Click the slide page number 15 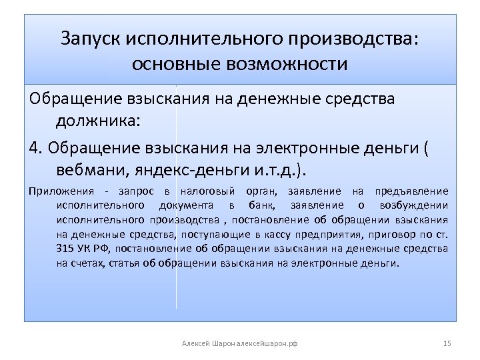point(447,343)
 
